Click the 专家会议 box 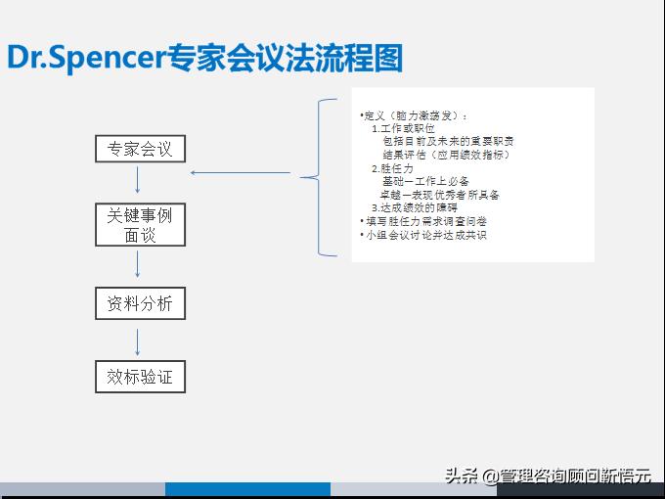[140, 149]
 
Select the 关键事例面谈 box [140, 224]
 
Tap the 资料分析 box [140, 303]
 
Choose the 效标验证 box [140, 377]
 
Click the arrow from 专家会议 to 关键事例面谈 [139, 179]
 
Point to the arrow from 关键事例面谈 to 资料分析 [139, 263]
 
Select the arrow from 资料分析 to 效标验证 [139, 341]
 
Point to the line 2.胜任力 [392, 168]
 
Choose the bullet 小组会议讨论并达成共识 [424, 235]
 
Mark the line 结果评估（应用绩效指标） [446, 155]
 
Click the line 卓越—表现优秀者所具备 [440, 195]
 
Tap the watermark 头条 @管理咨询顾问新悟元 [548, 476]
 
